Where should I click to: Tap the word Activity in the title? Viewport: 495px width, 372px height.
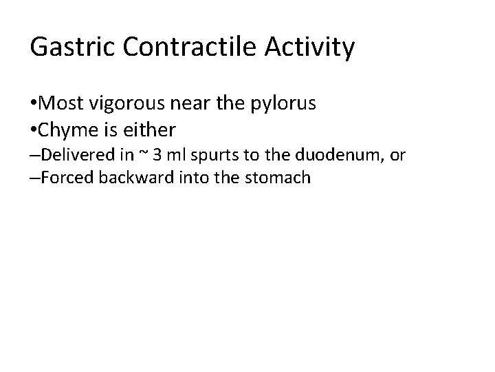click(x=310, y=48)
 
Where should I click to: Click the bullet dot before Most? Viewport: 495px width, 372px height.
click(x=34, y=105)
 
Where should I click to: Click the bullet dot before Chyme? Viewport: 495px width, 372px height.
click(x=34, y=129)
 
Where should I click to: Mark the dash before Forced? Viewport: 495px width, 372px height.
click(x=34, y=178)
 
